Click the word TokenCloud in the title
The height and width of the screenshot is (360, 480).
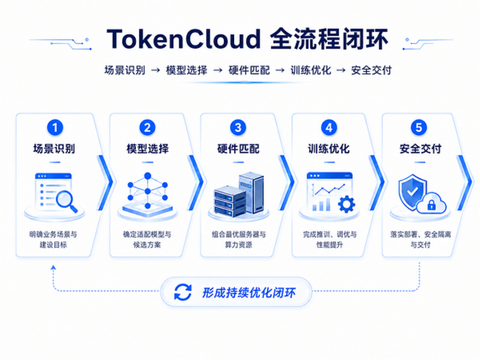(x=183, y=39)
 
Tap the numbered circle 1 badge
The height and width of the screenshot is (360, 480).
(x=55, y=127)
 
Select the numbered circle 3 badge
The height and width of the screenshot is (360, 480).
(x=238, y=127)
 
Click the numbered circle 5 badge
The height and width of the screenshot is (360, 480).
(x=419, y=127)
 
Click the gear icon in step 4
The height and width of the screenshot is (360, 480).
(x=347, y=204)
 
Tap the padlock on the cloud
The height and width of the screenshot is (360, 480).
(x=431, y=204)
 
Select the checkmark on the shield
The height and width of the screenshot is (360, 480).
(x=412, y=191)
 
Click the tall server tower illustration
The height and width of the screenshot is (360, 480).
(x=251, y=192)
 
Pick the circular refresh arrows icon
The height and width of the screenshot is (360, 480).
(x=183, y=292)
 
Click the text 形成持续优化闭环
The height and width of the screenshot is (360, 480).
(x=249, y=293)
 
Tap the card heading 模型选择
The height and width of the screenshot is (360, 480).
(x=148, y=149)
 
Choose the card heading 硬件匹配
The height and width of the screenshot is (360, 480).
(x=238, y=149)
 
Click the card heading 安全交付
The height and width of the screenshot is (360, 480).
(x=420, y=149)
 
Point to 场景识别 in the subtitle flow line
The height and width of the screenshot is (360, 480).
(x=125, y=70)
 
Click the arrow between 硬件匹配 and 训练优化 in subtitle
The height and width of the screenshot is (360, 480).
(x=280, y=71)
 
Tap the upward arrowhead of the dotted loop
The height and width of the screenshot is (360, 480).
(x=53, y=267)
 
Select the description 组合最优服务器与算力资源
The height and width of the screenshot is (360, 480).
(x=238, y=240)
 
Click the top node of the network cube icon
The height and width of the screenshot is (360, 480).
(x=148, y=176)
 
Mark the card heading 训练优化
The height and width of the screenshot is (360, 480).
(x=329, y=149)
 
